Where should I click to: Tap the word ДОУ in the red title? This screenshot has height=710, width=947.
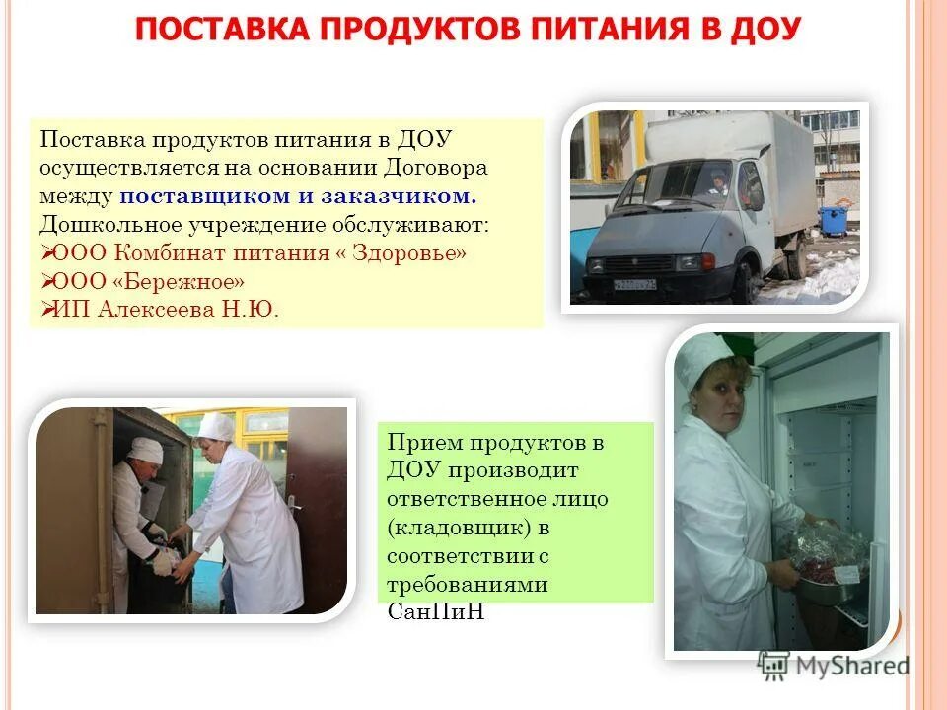click(766, 30)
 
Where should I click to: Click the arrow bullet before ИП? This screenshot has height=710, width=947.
click(47, 310)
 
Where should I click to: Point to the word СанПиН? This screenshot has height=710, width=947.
click(434, 613)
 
